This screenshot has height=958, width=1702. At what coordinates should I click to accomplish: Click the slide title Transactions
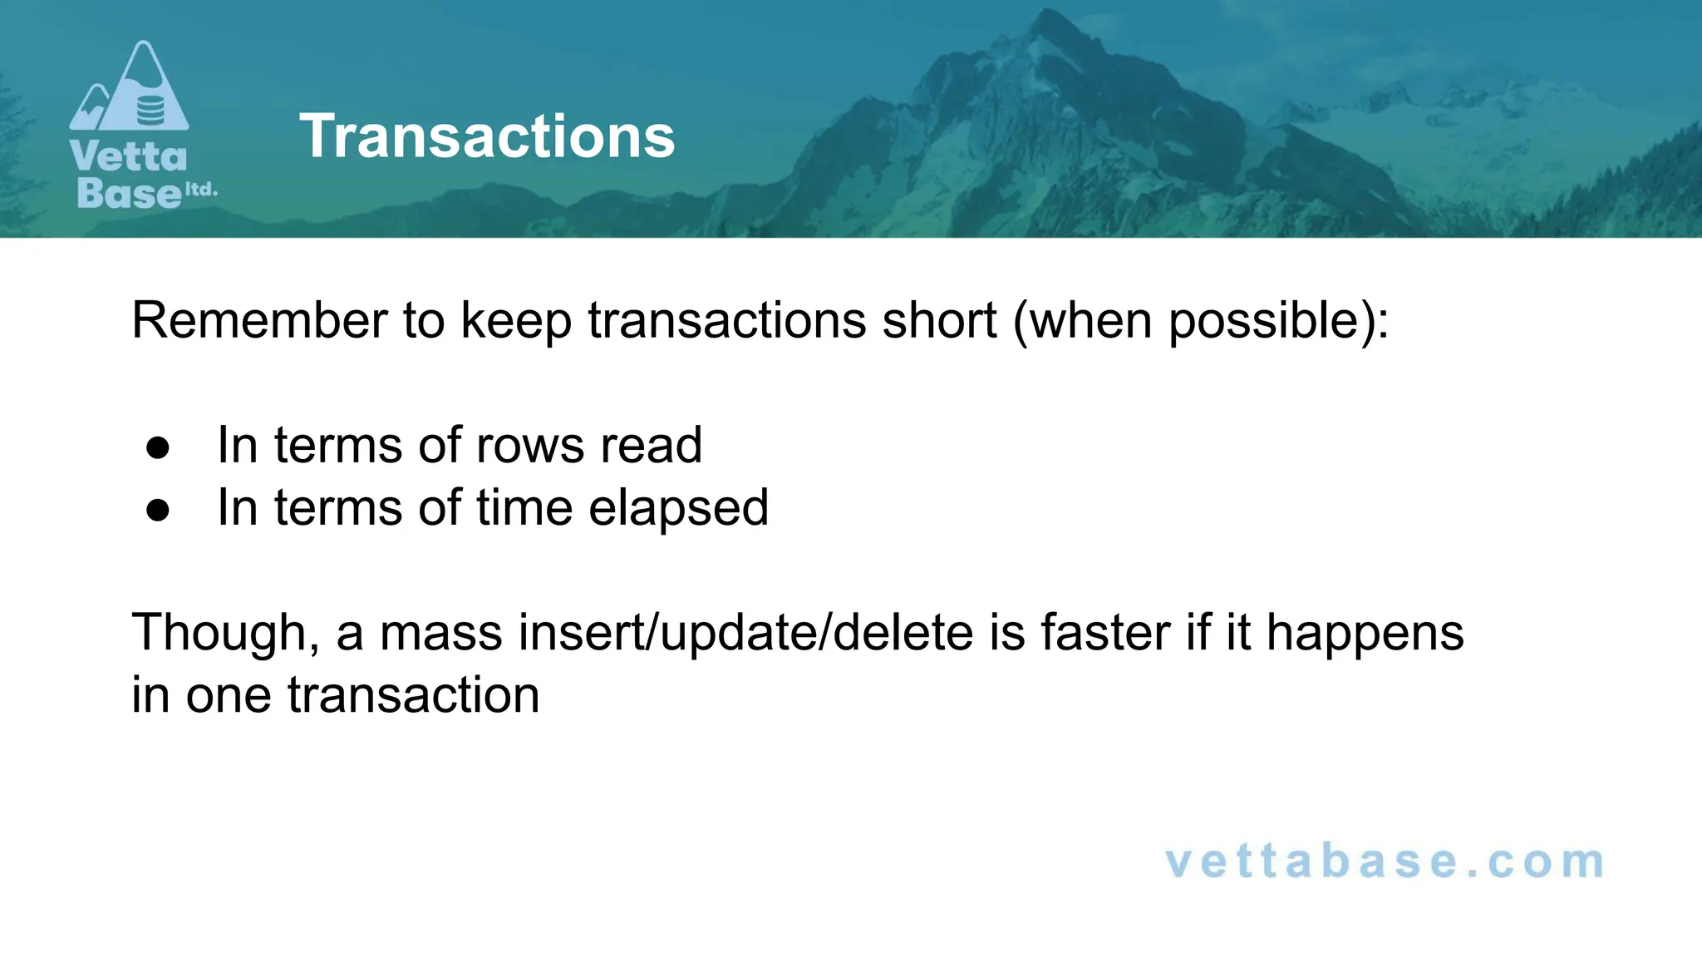(487, 136)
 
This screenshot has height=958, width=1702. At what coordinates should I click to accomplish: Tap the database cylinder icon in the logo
(150, 110)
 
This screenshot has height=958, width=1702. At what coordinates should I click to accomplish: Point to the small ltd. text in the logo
(200, 190)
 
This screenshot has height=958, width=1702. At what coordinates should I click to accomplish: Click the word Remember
(259, 320)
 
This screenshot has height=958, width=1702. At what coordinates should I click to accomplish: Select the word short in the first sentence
(938, 320)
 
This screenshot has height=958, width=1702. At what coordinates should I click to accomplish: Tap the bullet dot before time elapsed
(158, 511)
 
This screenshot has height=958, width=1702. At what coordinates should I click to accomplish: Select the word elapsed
(678, 509)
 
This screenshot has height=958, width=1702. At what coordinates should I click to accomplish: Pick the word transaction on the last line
(413, 695)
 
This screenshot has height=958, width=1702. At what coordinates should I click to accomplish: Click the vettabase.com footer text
(1385, 862)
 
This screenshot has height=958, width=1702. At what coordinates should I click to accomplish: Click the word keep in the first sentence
(516, 322)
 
